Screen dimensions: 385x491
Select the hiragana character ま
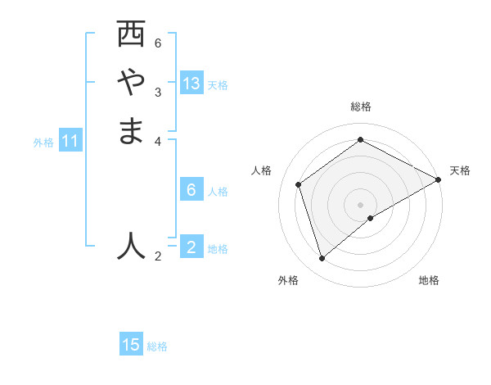pos(131,130)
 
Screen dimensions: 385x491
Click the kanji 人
pos(131,245)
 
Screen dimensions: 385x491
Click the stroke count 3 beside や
pos(158,91)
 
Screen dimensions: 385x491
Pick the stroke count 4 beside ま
pos(158,140)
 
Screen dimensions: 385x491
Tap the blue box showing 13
pos(191,84)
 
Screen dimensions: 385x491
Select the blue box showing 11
pos(70,142)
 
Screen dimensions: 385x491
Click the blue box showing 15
pos(131,345)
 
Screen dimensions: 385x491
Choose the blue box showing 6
pos(191,190)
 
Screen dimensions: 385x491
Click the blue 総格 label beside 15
pos(157,346)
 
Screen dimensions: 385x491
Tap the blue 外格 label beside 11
pos(43,143)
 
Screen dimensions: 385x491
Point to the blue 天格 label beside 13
pos(218,85)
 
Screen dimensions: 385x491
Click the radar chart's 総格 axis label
pos(361,106)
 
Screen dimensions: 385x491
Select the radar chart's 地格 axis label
pos(429,280)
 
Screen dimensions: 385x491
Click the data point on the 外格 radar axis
pos(322,259)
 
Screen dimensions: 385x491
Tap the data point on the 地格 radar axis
pos(371,218)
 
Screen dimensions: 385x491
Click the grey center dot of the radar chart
pos(361,204)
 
